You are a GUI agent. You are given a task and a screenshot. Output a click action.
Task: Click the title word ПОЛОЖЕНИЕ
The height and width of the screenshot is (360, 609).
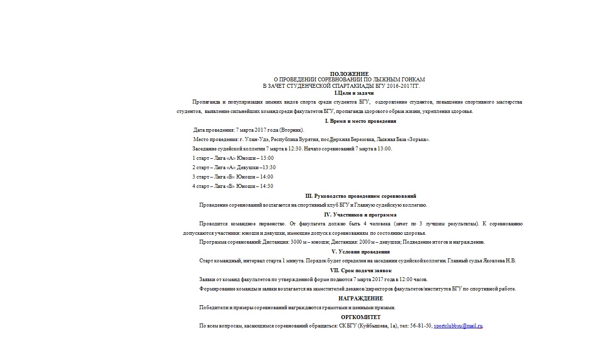pos(349,74)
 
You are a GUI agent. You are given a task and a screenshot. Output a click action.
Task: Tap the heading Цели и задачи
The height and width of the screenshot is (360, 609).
pos(355,93)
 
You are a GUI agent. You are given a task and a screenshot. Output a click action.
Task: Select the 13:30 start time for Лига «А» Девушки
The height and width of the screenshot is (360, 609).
pos(269,168)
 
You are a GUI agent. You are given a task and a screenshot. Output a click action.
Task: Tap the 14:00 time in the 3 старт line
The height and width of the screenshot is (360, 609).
pos(266,177)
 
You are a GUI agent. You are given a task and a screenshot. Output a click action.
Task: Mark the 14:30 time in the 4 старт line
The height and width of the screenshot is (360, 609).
pos(266,186)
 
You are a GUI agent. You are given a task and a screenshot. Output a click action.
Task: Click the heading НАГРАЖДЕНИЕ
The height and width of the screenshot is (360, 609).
pos(360,298)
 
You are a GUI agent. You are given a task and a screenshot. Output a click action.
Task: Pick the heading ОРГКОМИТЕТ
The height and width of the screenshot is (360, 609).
pos(360,317)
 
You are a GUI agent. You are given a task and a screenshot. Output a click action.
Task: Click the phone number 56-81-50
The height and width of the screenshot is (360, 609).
pos(421,326)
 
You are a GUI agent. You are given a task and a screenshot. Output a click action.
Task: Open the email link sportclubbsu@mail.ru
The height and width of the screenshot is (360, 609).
pos(457,326)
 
